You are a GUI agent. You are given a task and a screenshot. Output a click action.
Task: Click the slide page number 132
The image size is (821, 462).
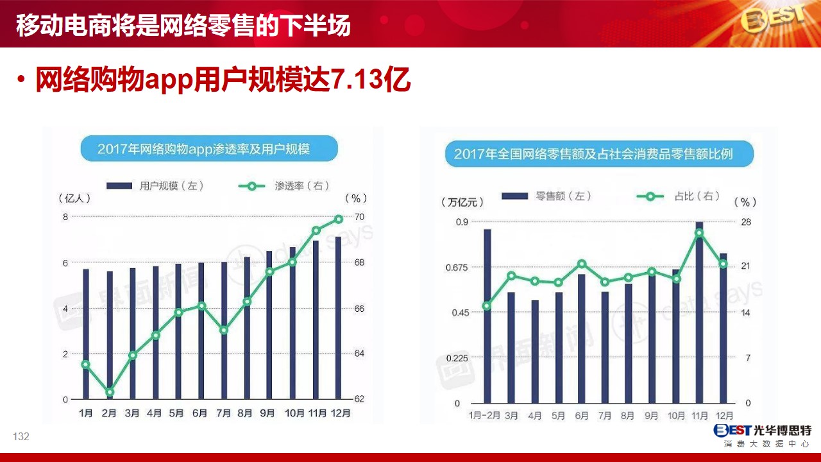click(21, 436)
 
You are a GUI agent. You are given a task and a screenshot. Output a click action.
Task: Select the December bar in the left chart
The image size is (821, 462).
click(338, 318)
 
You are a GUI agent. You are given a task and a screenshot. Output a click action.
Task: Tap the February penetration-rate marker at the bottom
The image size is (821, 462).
click(110, 392)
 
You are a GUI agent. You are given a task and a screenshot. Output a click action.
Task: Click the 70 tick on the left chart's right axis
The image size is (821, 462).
click(360, 217)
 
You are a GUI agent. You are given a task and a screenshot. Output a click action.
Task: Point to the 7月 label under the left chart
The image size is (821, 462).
click(223, 413)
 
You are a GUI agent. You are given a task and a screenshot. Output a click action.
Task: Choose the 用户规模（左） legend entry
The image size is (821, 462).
click(155, 186)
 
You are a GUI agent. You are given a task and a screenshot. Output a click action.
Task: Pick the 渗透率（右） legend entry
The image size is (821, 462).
click(284, 186)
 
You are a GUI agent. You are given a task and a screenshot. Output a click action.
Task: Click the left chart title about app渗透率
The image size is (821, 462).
click(209, 148)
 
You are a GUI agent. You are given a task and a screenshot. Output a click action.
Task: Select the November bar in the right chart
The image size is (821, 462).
click(699, 312)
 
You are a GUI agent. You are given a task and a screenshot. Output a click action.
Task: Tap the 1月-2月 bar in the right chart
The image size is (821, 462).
click(487, 316)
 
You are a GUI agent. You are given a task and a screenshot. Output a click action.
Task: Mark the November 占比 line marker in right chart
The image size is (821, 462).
click(699, 233)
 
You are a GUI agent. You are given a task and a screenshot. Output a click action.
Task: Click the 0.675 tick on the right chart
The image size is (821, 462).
click(457, 268)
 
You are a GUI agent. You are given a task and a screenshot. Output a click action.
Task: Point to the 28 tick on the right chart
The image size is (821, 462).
click(746, 222)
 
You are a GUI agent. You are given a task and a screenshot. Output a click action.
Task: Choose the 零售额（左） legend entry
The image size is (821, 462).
click(546, 196)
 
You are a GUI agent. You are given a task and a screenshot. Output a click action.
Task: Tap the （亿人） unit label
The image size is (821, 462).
click(74, 198)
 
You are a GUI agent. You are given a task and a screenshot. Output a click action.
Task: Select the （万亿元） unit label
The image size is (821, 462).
click(462, 202)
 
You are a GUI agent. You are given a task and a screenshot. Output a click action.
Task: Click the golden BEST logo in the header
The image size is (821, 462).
click(773, 19)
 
